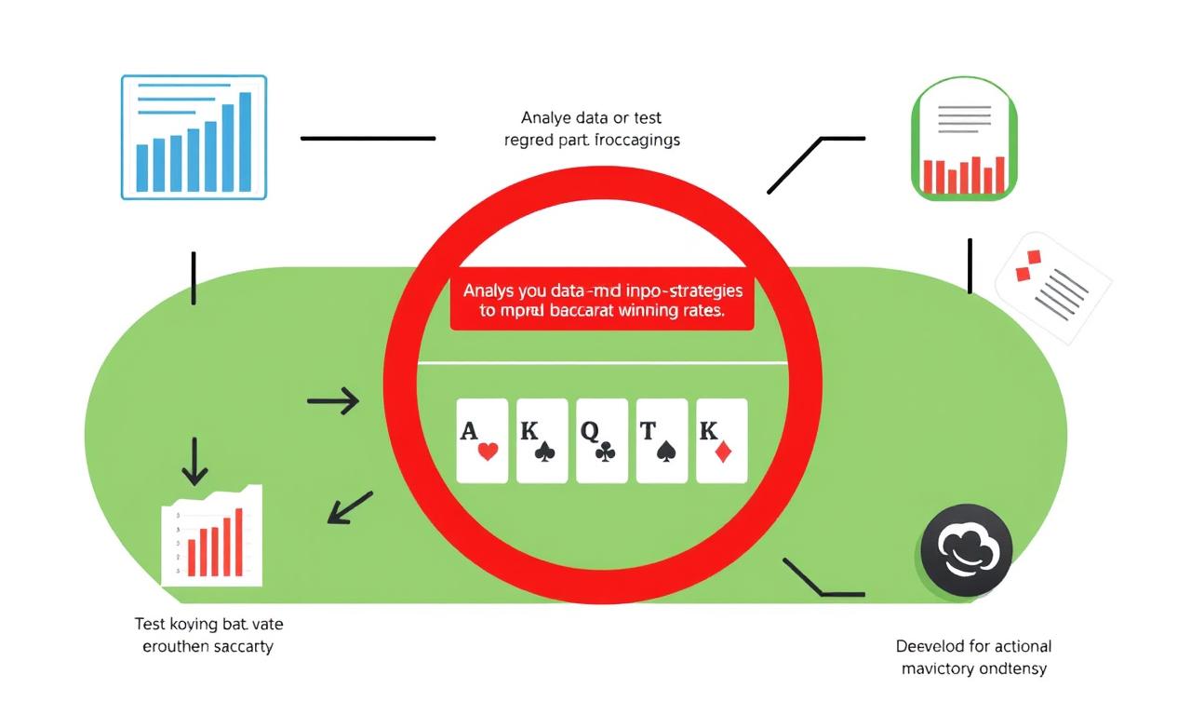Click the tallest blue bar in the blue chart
pos(246,142)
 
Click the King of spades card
pos(542,441)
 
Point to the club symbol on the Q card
pos(606,452)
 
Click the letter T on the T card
pos(647,431)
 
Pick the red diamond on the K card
pos(722,452)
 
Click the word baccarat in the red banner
pos(555,310)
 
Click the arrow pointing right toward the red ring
pos(333,401)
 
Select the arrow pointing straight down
pos(194,460)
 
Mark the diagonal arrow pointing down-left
pos(350,507)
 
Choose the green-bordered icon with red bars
pos(963,140)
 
